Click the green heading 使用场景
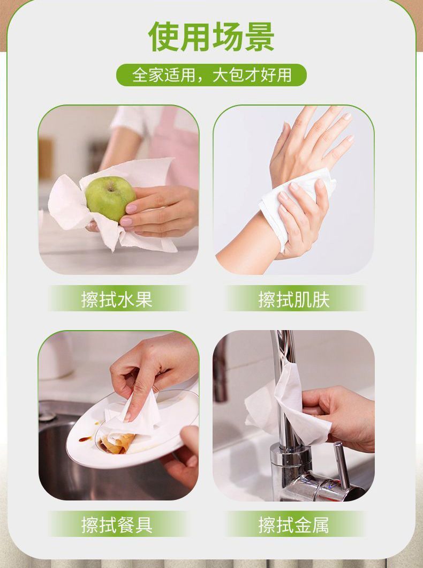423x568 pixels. click(x=211, y=37)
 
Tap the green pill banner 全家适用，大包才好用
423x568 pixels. click(x=211, y=76)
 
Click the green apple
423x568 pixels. click(x=110, y=198)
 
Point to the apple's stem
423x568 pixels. click(x=110, y=188)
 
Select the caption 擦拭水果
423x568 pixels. click(x=117, y=299)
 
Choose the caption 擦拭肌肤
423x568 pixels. click(x=294, y=299)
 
